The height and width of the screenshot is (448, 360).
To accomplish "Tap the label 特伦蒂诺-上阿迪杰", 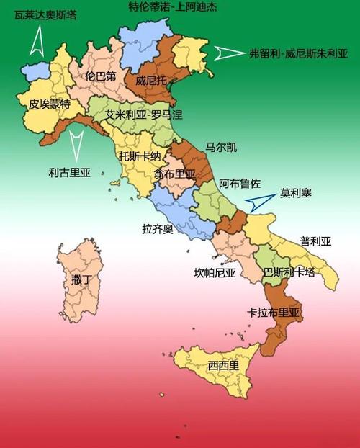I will [x=166, y=8].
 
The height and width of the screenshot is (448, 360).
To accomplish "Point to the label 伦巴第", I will [x=100, y=75].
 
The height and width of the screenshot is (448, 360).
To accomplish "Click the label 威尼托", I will [x=150, y=81].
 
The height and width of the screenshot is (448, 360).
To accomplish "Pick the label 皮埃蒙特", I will [x=50, y=104].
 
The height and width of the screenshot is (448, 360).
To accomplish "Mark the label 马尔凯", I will [x=220, y=148].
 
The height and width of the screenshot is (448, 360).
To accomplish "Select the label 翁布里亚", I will [x=174, y=174].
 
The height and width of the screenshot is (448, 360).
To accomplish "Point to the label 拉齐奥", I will [x=158, y=229].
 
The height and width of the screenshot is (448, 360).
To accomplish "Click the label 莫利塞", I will [x=296, y=194].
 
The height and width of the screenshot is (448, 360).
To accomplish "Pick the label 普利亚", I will [x=315, y=241].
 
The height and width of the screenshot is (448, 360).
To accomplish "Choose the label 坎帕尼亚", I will [x=215, y=272].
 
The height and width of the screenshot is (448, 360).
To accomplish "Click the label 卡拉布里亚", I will [x=273, y=313].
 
